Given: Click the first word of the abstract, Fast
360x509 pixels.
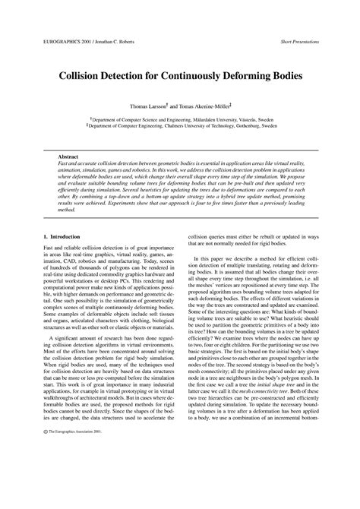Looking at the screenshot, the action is (64, 163).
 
